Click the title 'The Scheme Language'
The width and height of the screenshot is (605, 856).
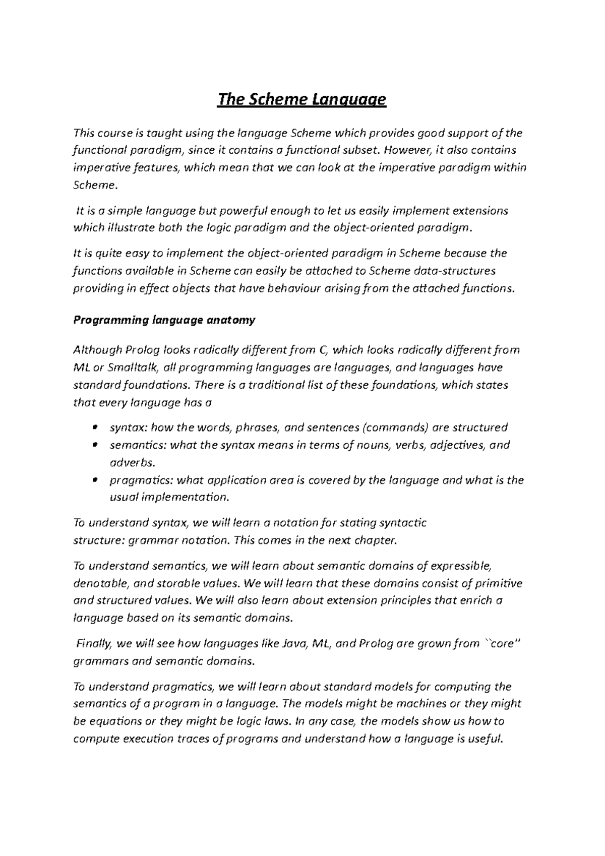pyautogui.click(x=301, y=100)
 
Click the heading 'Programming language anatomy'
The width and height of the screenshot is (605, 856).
pyautogui.click(x=164, y=320)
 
